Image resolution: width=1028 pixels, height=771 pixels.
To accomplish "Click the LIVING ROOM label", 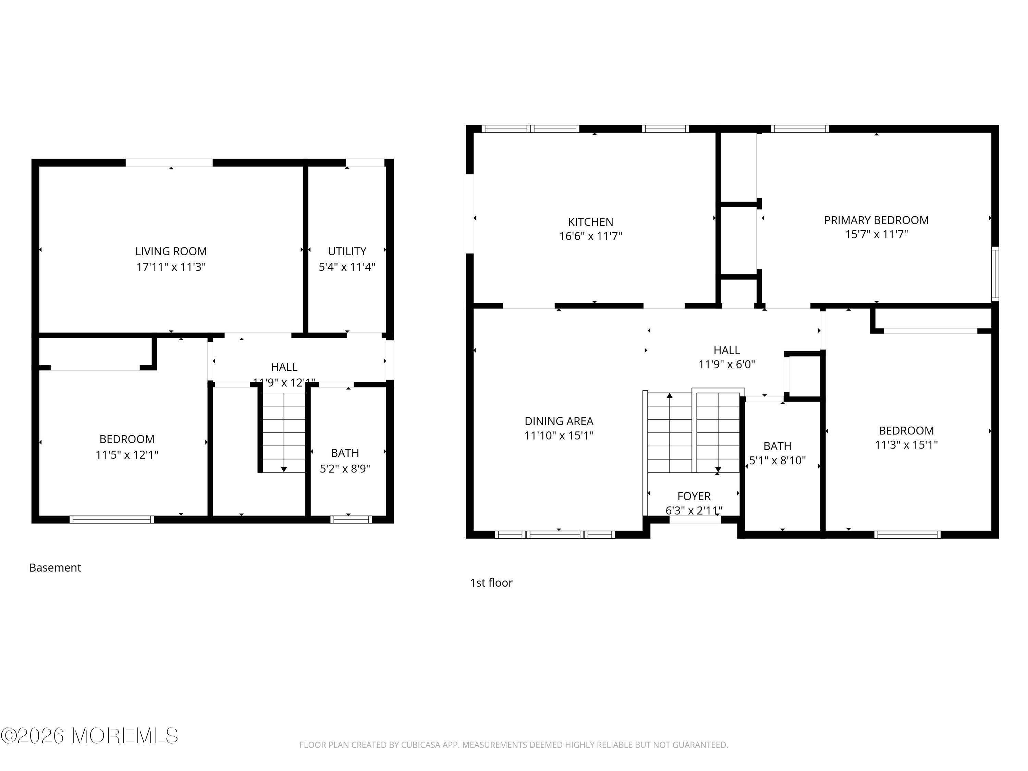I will [x=171, y=252].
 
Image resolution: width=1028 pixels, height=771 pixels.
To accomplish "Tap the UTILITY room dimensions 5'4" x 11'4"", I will [x=347, y=267].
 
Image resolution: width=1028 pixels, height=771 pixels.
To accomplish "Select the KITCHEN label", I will [x=590, y=222].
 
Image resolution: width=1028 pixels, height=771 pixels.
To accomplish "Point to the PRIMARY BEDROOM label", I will [x=876, y=220].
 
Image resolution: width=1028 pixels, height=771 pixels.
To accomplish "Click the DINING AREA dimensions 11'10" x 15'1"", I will [x=559, y=436].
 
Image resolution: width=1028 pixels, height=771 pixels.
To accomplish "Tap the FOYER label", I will [x=694, y=496].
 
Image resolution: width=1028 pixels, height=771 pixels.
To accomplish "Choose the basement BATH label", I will [x=344, y=453].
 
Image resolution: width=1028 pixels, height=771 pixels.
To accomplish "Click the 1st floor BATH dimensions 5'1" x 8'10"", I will [x=777, y=460].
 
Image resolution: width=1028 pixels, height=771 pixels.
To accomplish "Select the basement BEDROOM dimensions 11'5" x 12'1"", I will [x=127, y=454].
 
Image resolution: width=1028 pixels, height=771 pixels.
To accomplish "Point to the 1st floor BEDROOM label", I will [x=906, y=430].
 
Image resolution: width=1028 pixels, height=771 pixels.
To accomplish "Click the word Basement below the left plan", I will [x=55, y=567].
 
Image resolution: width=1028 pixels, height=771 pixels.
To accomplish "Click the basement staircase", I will [x=283, y=432].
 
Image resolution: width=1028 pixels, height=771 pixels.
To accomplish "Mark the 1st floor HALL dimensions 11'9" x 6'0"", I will [x=726, y=364].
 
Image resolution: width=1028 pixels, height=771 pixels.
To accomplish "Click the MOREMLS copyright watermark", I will [x=89, y=736].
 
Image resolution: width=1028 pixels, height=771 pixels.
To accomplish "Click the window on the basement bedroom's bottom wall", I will [x=111, y=519].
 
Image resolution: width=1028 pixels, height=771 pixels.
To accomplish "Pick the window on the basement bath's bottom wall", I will [x=351, y=519].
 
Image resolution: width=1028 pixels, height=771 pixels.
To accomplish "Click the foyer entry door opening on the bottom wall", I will [x=695, y=521].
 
